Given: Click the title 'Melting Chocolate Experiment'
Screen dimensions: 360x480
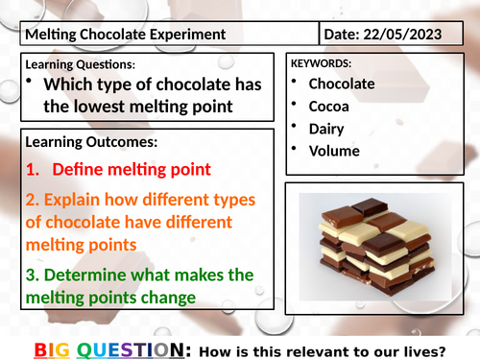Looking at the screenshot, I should (125, 35).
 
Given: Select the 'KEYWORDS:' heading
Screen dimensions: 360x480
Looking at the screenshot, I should (323, 63).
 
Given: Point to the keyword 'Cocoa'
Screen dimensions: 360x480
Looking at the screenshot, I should (328, 106).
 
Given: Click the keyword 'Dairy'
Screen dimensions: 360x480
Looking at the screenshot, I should (326, 128).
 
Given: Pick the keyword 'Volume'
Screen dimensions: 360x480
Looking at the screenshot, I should (334, 150).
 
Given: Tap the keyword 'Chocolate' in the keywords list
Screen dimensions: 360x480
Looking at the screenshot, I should (342, 84).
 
